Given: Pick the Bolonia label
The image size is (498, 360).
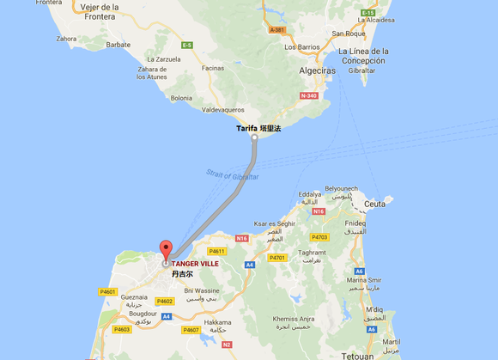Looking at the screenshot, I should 181,98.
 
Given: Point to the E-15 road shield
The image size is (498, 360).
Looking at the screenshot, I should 368,13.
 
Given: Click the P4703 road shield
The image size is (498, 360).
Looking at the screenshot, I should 319,236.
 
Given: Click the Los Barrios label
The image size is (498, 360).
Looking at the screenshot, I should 301,46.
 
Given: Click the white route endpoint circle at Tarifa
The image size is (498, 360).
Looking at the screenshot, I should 255,136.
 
